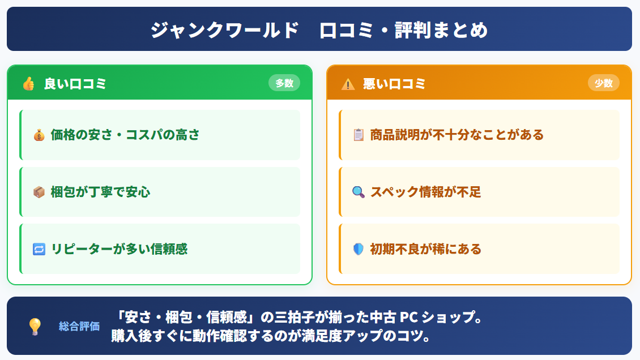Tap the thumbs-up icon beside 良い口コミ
(28, 84)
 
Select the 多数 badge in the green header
(284, 83)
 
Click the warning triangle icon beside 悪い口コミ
(348, 84)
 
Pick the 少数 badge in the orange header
(604, 83)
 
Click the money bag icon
(39, 135)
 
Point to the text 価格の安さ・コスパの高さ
(125, 135)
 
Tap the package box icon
(39, 192)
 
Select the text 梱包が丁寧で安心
(100, 192)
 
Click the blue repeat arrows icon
(39, 249)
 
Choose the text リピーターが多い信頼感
(119, 248)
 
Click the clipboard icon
(358, 135)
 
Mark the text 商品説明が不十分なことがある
(456, 135)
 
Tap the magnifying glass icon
(358, 192)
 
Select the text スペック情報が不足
(425, 192)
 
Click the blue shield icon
(358, 249)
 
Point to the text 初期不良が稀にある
(425, 248)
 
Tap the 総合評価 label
(79, 326)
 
